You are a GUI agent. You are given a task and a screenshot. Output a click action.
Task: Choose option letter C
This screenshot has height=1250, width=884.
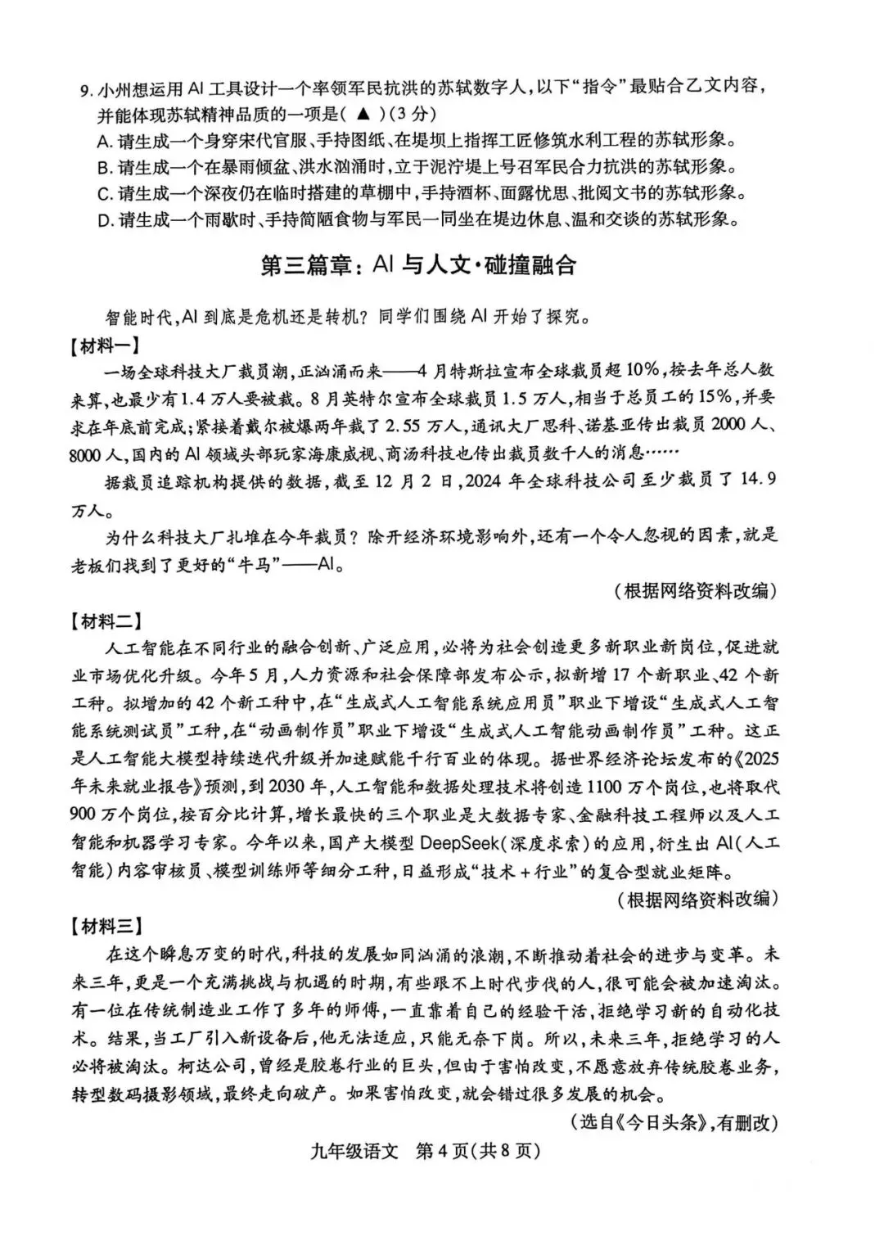(103, 194)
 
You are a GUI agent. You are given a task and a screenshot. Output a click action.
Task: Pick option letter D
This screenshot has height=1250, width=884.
(103, 220)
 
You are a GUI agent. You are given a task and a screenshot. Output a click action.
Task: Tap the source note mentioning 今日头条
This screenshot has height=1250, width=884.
(672, 1122)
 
